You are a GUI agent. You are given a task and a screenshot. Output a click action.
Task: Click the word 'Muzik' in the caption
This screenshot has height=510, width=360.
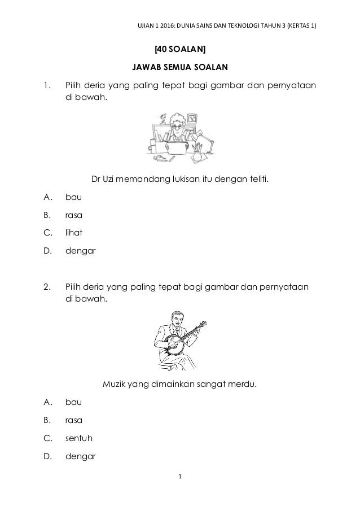click(x=115, y=385)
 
